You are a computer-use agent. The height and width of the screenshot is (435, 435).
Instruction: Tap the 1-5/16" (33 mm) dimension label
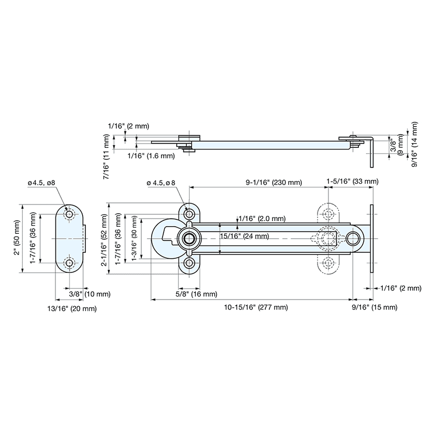(x=352, y=181)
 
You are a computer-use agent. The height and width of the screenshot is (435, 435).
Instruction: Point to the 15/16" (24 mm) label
(x=244, y=236)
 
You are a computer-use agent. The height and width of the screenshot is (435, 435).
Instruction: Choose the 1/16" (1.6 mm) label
(x=151, y=156)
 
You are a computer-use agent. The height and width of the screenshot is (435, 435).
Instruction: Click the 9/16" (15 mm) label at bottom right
(x=378, y=308)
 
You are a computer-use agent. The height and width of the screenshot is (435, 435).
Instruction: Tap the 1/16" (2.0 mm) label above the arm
(x=263, y=219)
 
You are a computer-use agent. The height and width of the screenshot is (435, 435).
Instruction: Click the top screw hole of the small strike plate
(x=69, y=215)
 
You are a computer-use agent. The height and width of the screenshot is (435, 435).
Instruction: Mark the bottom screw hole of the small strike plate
(x=69, y=264)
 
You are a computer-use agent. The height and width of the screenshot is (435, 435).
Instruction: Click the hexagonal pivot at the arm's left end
(x=189, y=238)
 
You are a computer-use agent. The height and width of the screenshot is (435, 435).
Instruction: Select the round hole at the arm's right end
(x=353, y=238)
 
